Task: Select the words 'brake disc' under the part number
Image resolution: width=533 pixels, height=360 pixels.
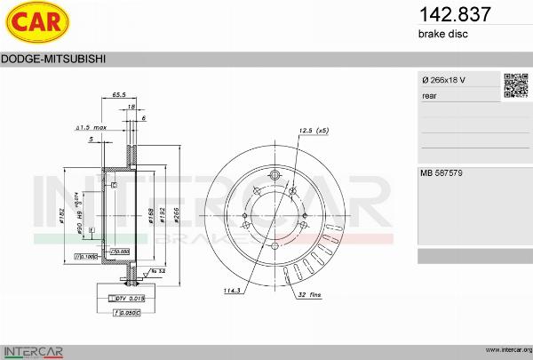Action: [442, 34]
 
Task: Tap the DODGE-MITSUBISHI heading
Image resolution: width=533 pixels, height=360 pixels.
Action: [54, 59]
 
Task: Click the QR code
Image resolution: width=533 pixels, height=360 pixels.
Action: [516, 85]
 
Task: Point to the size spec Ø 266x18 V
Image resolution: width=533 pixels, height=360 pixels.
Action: [443, 81]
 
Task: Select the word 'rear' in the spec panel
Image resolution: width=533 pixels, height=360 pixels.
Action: [429, 94]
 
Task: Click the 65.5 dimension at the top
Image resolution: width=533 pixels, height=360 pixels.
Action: [118, 94]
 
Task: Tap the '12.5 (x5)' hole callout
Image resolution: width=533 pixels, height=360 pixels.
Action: [314, 131]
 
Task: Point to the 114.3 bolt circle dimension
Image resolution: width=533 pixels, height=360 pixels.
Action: [232, 290]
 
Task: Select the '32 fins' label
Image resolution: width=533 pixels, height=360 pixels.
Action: [310, 293]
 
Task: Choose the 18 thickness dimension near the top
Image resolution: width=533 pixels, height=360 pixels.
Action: [131, 106]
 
